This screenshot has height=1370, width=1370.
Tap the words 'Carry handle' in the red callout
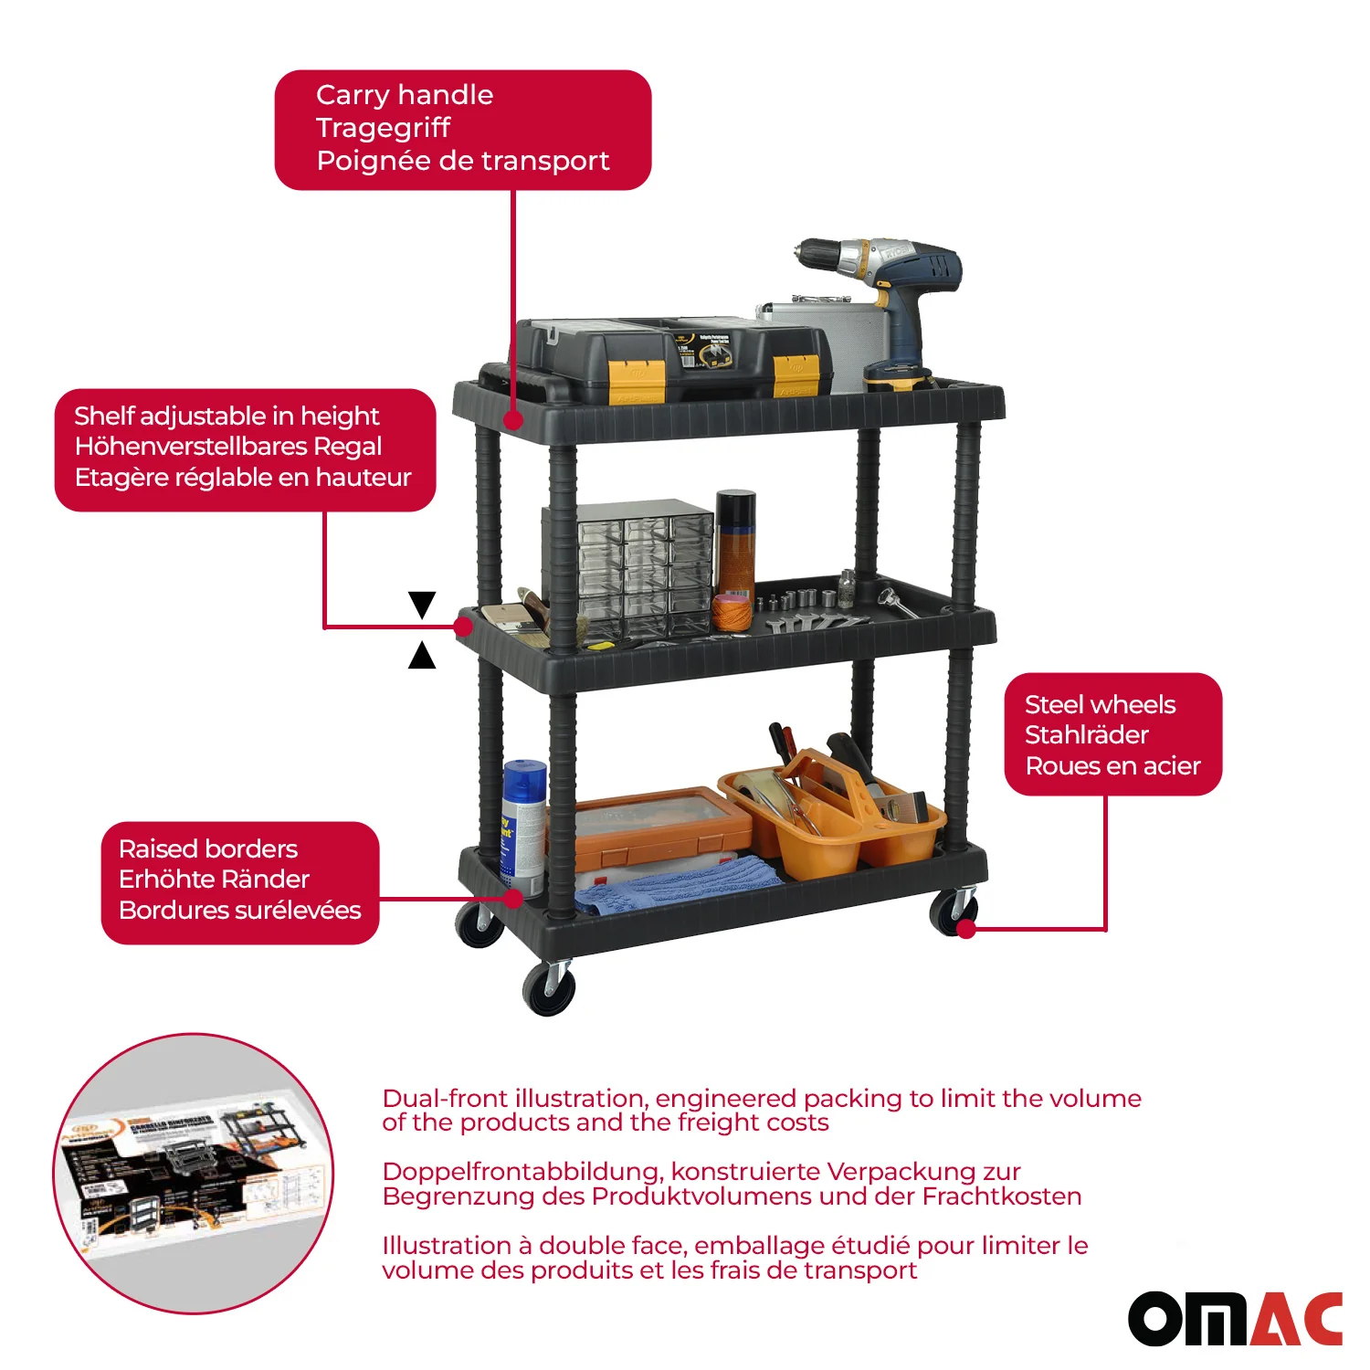(x=405, y=95)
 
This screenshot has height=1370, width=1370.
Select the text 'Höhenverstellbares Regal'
(x=228, y=447)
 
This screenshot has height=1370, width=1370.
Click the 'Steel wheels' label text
(x=1100, y=705)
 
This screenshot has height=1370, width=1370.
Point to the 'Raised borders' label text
(x=208, y=849)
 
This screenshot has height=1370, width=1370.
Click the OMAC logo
(x=1235, y=1319)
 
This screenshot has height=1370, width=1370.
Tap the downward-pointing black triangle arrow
(x=422, y=604)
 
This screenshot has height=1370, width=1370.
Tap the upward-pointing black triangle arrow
(x=422, y=655)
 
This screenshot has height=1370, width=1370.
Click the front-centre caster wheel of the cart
(x=550, y=989)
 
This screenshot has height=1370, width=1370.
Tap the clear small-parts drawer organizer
(x=644, y=571)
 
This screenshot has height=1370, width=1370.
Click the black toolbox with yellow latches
(x=671, y=361)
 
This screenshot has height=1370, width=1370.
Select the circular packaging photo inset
(x=193, y=1174)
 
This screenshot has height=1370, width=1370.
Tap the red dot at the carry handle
(x=513, y=420)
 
